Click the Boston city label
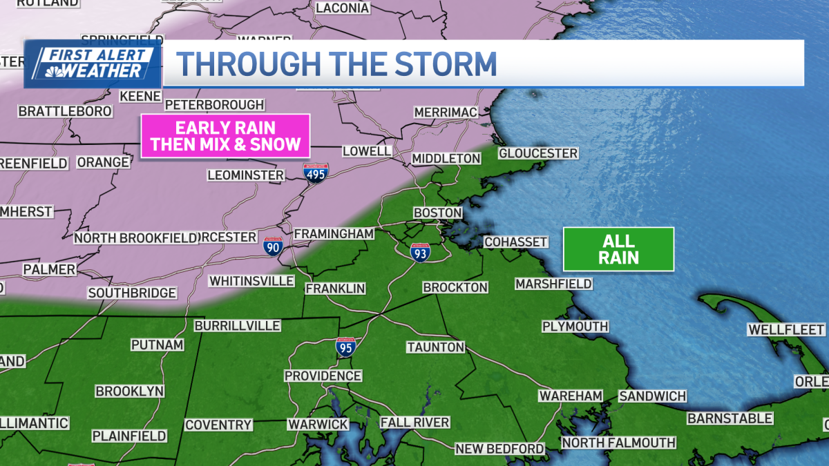click(x=437, y=212)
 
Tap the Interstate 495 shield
click(x=315, y=173)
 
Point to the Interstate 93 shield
click(x=419, y=252)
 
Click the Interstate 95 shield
click(x=346, y=347)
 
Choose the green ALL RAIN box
click(x=618, y=249)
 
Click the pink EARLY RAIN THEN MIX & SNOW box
click(x=225, y=136)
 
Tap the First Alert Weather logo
click(x=93, y=64)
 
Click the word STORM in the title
click(x=444, y=64)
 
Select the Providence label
click(x=323, y=376)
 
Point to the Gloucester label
click(x=538, y=153)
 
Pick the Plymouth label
click(x=575, y=326)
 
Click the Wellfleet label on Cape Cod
click(x=786, y=330)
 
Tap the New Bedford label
click(x=499, y=449)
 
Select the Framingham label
click(x=334, y=234)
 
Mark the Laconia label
click(x=342, y=8)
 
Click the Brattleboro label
click(x=65, y=110)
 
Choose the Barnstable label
click(x=730, y=418)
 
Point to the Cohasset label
click(x=515, y=242)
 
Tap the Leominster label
click(x=246, y=175)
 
